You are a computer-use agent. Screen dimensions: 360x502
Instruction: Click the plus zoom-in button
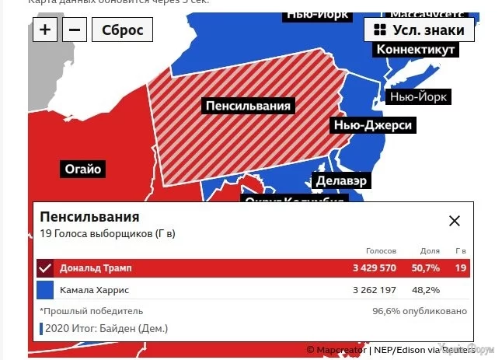pyautogui.click(x=46, y=30)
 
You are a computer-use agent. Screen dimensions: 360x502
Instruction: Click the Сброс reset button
pyautogui.click(x=122, y=30)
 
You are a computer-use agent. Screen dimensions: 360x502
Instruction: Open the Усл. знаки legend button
pyautogui.click(x=419, y=30)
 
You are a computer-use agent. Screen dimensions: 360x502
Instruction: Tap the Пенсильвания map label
pyautogui.click(x=248, y=106)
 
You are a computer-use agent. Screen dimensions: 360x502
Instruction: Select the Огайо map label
pyautogui.click(x=83, y=169)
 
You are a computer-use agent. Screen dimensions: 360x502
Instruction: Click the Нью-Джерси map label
pyautogui.click(x=372, y=125)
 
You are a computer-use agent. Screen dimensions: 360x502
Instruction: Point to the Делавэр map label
pyautogui.click(x=341, y=180)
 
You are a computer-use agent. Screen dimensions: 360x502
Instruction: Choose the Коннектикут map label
pyautogui.click(x=415, y=50)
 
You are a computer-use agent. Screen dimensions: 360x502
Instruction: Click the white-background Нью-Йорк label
pyautogui.click(x=419, y=97)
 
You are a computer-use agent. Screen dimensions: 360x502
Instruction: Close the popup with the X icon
pyautogui.click(x=455, y=221)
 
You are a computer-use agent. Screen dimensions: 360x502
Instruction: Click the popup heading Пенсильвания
pyautogui.click(x=90, y=217)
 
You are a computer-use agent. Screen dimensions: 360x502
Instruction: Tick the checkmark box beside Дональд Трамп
pyautogui.click(x=45, y=268)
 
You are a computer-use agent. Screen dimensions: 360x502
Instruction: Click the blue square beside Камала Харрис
pyautogui.click(x=45, y=290)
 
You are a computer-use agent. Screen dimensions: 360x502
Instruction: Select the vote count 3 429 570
pyautogui.click(x=375, y=268)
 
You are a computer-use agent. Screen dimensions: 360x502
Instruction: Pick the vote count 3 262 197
pyautogui.click(x=375, y=290)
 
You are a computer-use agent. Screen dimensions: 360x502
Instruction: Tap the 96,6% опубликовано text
pyautogui.click(x=420, y=311)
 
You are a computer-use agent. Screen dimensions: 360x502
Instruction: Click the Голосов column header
pyautogui.click(x=381, y=251)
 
